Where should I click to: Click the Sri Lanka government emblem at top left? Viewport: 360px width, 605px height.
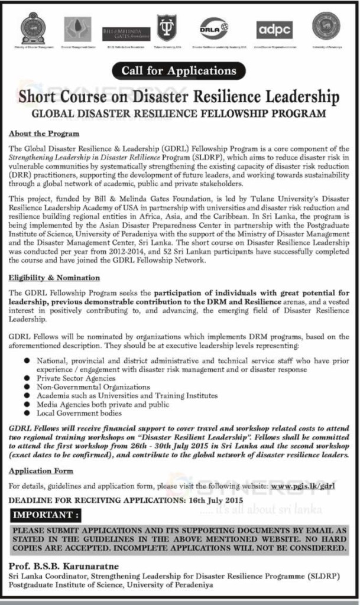pos(33,28)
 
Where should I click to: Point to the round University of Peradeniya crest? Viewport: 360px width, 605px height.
pos(326,27)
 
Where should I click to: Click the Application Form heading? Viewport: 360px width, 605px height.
pos(41,471)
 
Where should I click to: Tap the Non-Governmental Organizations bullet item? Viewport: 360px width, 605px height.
pos(93,387)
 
